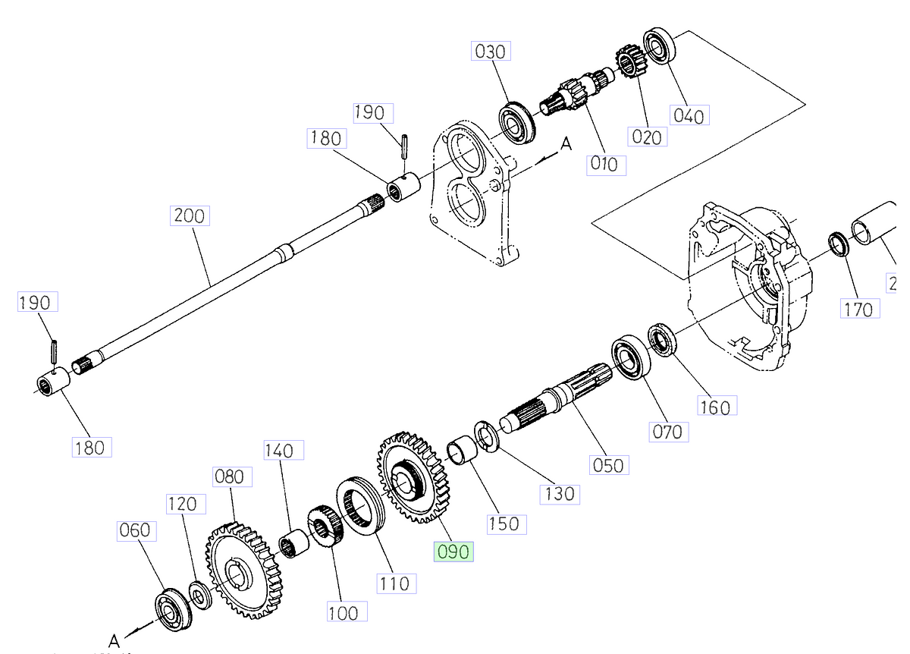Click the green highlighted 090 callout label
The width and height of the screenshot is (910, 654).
[453, 552]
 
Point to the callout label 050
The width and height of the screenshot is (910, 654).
[610, 464]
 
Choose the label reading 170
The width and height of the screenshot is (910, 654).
[860, 309]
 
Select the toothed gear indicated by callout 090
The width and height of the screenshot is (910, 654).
[408, 478]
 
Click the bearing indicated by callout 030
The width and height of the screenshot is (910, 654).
[517, 120]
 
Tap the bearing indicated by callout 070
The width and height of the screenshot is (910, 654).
[629, 357]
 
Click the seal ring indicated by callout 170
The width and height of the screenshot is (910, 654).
[838, 244]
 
